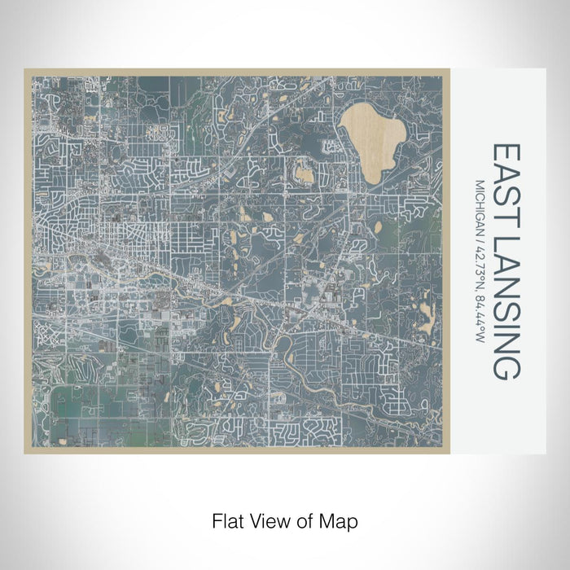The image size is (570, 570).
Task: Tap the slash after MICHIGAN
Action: coord(480,235)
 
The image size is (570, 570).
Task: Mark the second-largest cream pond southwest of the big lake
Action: coord(304,173)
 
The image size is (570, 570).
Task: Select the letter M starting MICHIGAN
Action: coord(480,184)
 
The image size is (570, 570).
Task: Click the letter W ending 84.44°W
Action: coord(480,338)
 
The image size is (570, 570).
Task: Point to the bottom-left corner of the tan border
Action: coord(26,452)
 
